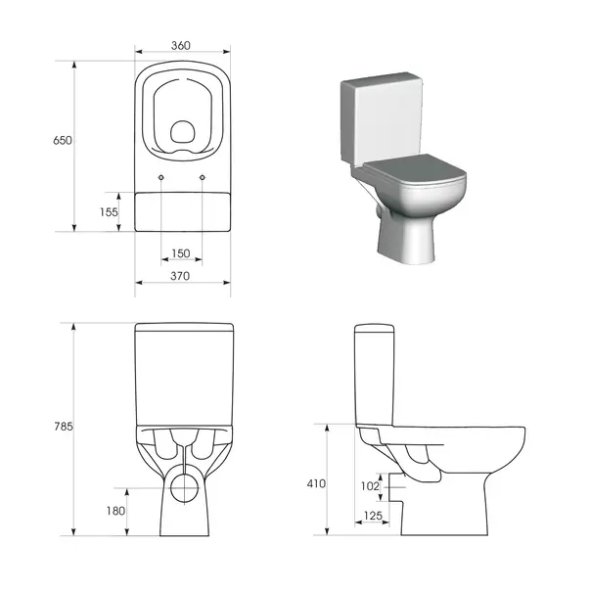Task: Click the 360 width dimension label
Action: pyautogui.click(x=182, y=45)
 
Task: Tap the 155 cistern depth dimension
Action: pyautogui.click(x=109, y=211)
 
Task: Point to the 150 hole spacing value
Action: pyautogui.click(x=181, y=253)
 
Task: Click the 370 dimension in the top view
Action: pyautogui.click(x=182, y=277)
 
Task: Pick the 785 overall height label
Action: pyautogui.click(x=64, y=427)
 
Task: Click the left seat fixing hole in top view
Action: pyautogui.click(x=160, y=176)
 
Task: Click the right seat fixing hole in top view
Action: pyautogui.click(x=203, y=176)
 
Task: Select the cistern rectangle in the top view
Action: pyautogui.click(x=182, y=211)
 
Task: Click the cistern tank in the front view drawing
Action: pyautogui.click(x=182, y=372)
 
